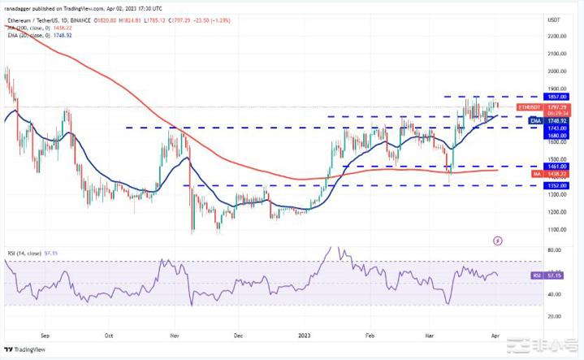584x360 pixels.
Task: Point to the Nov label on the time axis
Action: pos(175,334)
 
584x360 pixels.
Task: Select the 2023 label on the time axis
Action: pos(304,334)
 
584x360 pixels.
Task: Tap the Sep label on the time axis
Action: pos(45,334)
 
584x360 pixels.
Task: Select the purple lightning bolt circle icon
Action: pos(497,241)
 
